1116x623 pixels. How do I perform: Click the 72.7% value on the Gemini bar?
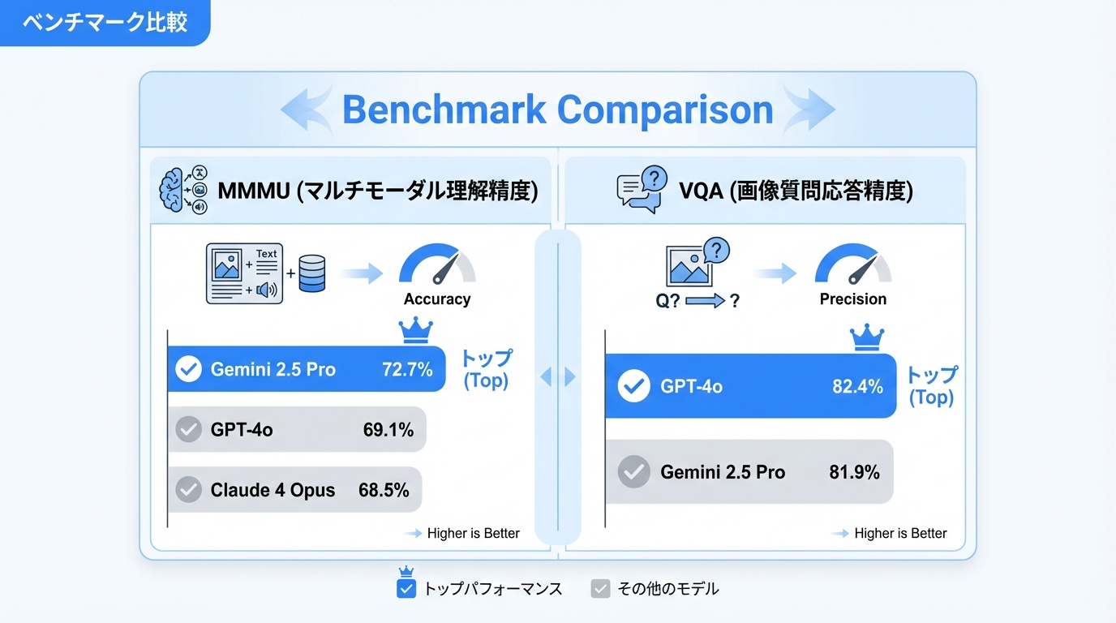click(x=407, y=370)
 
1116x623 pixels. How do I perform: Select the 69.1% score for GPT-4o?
click(x=388, y=430)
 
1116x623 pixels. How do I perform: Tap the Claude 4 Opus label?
click(x=273, y=490)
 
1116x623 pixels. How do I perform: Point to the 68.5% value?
click(x=384, y=490)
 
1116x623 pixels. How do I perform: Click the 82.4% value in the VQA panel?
click(x=857, y=387)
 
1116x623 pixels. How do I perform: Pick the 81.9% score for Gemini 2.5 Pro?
click(x=854, y=472)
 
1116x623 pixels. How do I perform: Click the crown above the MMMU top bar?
click(x=415, y=330)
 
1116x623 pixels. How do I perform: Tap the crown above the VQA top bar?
click(x=866, y=337)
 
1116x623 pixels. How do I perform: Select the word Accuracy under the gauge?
click(x=437, y=299)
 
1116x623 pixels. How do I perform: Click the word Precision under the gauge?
click(x=852, y=299)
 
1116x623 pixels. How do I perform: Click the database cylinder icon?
click(x=311, y=273)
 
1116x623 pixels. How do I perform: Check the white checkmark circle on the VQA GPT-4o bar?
click(x=634, y=387)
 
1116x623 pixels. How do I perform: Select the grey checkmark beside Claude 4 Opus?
click(x=189, y=490)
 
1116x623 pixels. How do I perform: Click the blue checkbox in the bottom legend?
click(x=406, y=589)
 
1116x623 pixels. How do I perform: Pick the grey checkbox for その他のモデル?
click(x=600, y=589)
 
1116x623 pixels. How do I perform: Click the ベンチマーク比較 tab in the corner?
click(x=105, y=22)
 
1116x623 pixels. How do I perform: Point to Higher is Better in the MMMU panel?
click(x=473, y=533)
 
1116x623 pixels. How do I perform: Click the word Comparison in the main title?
click(x=665, y=110)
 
